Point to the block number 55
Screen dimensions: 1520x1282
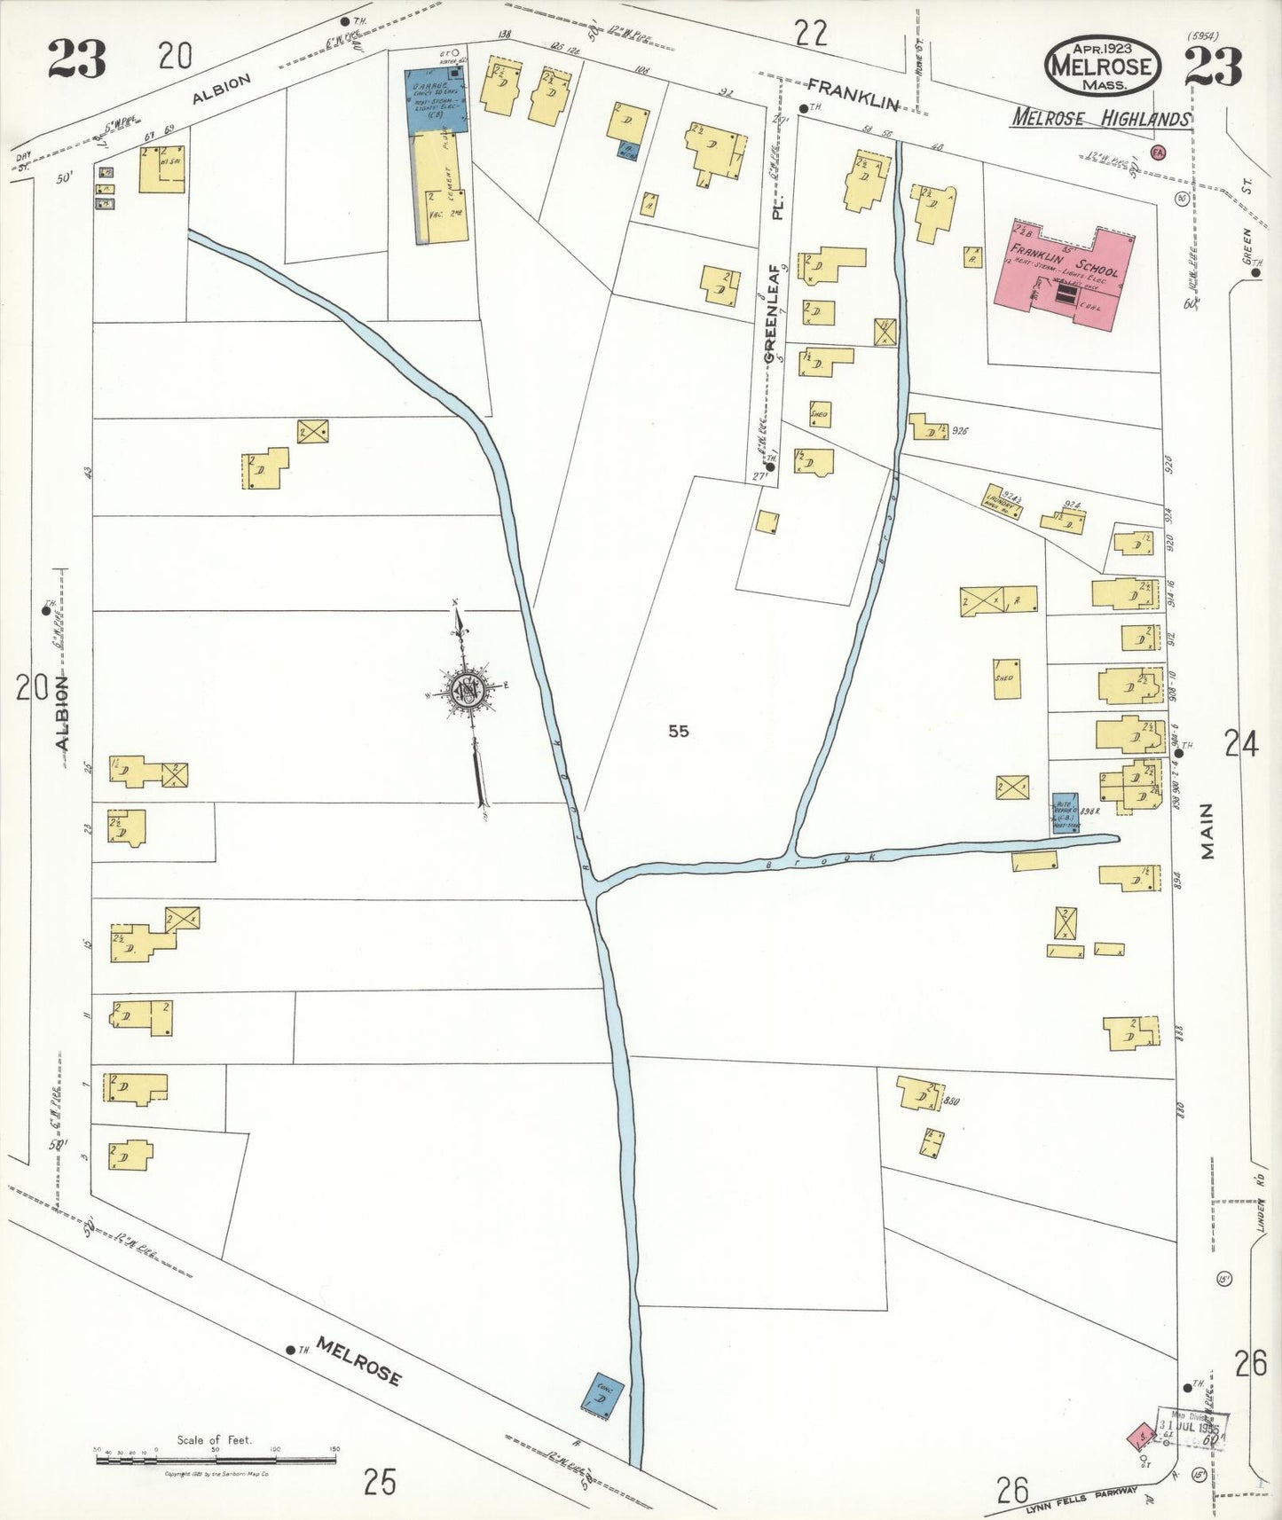click(679, 732)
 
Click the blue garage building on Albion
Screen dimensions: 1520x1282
click(437, 100)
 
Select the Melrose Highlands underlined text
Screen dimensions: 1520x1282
click(1101, 118)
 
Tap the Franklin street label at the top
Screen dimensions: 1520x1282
click(852, 92)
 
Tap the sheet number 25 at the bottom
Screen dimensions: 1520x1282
click(380, 1481)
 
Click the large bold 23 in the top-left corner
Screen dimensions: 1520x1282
click(76, 60)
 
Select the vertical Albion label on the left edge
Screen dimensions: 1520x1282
click(62, 712)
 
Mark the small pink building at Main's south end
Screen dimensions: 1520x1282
click(1140, 1436)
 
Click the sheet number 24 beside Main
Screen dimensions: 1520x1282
click(1240, 743)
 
